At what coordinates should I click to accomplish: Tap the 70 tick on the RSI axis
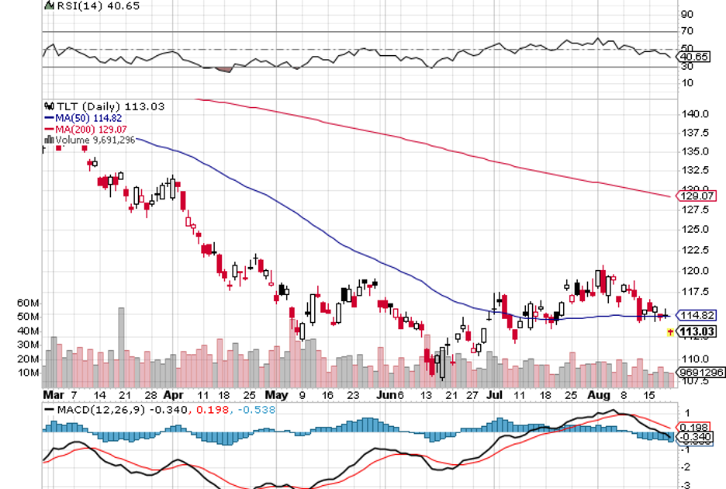(687, 32)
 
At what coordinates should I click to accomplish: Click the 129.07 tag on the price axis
(696, 196)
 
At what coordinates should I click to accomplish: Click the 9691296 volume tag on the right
(700, 373)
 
